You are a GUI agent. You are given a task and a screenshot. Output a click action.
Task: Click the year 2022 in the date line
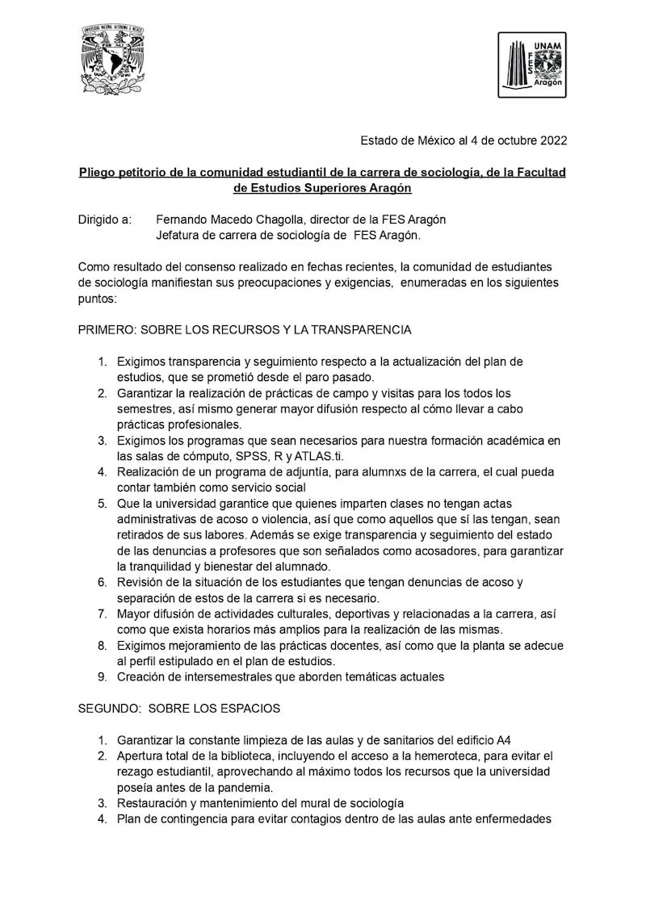(x=553, y=140)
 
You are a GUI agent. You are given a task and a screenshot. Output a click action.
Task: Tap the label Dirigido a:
(x=104, y=220)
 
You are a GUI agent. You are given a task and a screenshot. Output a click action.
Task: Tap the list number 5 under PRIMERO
(x=102, y=503)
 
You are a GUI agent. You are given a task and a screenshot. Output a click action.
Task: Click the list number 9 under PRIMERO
(x=102, y=676)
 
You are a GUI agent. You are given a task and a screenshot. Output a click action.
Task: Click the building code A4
(x=503, y=739)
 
